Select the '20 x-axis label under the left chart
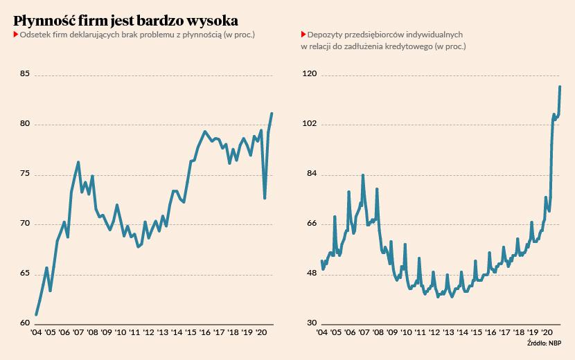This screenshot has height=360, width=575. [263, 333]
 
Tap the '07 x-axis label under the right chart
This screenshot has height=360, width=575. [364, 333]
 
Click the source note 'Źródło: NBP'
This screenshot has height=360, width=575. [545, 343]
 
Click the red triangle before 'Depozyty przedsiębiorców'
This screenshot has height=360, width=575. [303, 35]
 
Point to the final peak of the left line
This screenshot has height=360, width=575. [272, 114]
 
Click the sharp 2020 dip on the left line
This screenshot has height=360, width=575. [265, 198]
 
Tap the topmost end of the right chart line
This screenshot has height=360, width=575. [560, 87]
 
